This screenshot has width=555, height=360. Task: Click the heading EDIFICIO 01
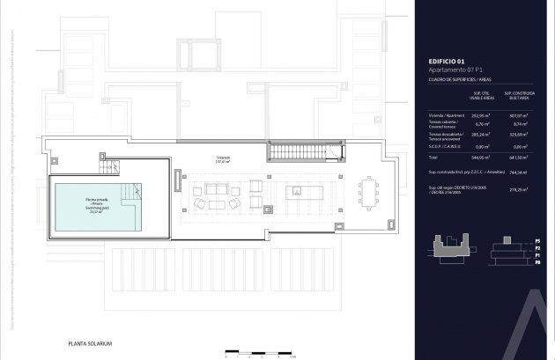coord(447,61)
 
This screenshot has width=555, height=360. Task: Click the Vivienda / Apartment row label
coord(446,115)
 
